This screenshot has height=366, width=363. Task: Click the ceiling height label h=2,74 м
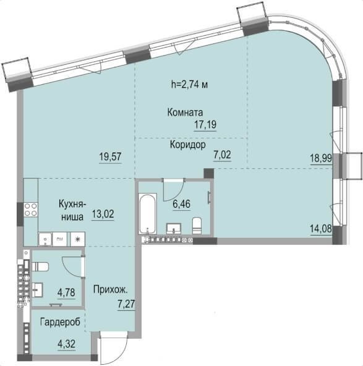(x=189, y=84)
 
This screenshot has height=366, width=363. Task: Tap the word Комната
(x=185, y=113)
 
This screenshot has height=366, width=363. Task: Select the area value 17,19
(x=205, y=125)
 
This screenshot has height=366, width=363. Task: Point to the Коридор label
(x=188, y=145)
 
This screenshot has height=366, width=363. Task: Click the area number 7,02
(x=222, y=155)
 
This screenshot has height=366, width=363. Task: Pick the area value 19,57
(x=111, y=156)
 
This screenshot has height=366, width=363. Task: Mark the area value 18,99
(x=321, y=158)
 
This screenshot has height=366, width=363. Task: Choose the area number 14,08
(x=321, y=229)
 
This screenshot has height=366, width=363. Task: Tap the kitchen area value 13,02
(x=103, y=213)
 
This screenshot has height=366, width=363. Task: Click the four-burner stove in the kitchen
(x=31, y=210)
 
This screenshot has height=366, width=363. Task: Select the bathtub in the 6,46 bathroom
(x=148, y=213)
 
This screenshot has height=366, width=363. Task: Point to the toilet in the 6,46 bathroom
(x=197, y=226)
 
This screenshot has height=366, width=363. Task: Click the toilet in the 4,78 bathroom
(x=40, y=266)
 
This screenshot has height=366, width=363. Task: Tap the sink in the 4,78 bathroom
(x=37, y=290)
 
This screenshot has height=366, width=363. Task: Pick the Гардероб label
(x=60, y=322)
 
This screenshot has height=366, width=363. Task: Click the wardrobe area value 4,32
(x=67, y=344)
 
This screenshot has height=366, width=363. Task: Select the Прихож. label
(x=111, y=290)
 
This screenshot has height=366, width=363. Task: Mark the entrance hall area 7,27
(x=126, y=305)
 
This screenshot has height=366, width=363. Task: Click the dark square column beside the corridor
(x=208, y=174)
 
